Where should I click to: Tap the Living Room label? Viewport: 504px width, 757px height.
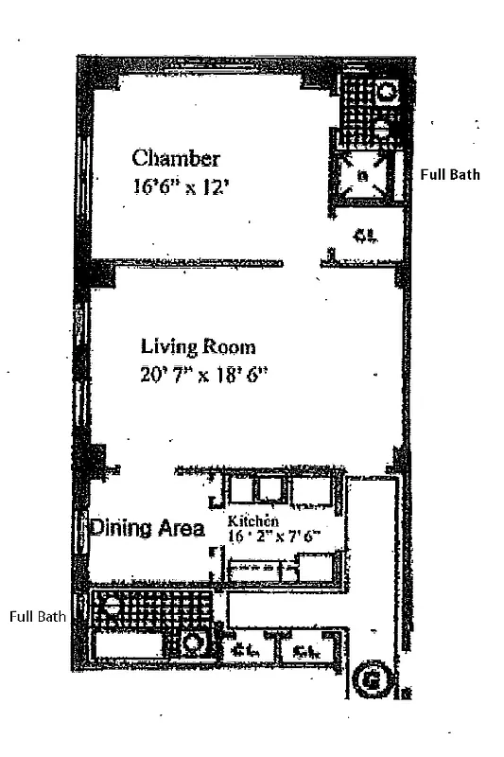[198, 346]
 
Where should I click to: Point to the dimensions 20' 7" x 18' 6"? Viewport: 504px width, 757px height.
[204, 374]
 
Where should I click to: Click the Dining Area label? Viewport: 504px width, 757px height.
[148, 529]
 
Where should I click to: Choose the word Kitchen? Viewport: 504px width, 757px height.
[252, 521]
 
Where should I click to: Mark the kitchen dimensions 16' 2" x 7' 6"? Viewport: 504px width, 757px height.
[274, 536]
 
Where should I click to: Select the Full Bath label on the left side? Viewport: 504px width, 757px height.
[38, 617]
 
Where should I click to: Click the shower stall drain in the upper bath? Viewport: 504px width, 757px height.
[363, 176]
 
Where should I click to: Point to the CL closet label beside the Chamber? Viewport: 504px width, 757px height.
[365, 236]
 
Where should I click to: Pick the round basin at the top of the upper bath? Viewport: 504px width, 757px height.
[386, 94]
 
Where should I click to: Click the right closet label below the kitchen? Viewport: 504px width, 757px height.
[304, 650]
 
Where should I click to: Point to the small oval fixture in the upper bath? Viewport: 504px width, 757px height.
[380, 127]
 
